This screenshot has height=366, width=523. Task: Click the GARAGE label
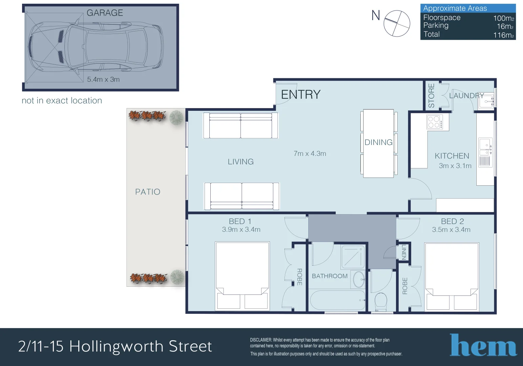(105, 13)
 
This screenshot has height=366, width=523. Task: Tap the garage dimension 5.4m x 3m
(103, 79)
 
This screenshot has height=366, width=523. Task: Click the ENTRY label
(301, 95)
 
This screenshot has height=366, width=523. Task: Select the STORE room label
(431, 96)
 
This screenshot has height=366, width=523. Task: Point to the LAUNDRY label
(466, 96)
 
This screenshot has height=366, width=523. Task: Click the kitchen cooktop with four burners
(435, 122)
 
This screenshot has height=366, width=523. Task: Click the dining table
(378, 143)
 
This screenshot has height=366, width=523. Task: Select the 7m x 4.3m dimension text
(310, 154)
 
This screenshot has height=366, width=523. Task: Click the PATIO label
(148, 192)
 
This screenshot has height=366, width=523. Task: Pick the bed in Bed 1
(242, 276)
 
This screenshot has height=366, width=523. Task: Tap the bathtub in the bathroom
(338, 300)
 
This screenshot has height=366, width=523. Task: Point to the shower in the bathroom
(353, 257)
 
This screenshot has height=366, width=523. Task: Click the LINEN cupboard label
(404, 252)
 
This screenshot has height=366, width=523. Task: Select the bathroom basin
(359, 279)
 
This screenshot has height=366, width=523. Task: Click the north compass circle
(397, 23)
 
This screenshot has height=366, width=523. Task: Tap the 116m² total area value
(504, 35)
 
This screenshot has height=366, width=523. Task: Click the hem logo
(483, 345)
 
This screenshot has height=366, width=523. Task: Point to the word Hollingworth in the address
(116, 347)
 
